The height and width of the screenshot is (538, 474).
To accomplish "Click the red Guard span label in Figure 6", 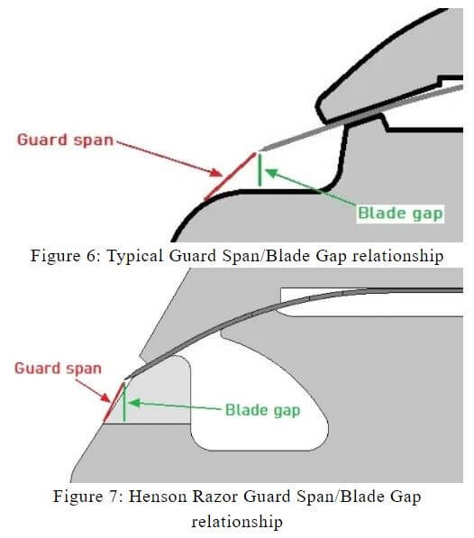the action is (x=65, y=141).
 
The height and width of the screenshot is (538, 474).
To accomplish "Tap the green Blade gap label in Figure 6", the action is (x=401, y=213).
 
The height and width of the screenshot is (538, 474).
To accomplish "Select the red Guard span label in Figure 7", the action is (x=58, y=369).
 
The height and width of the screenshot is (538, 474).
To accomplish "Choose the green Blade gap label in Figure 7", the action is (x=263, y=410).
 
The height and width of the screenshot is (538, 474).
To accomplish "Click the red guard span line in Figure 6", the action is (x=230, y=177).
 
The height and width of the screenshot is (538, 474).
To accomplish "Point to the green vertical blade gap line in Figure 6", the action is (x=260, y=170).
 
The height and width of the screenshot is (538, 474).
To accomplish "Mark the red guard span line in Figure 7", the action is (x=114, y=403).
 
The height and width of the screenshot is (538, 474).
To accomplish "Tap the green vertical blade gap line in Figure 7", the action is (x=124, y=402).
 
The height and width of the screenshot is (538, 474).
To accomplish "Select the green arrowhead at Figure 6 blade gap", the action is (x=271, y=172).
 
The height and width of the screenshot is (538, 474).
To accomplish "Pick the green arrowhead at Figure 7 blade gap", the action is (x=134, y=403).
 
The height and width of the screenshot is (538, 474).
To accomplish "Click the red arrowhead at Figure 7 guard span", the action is (x=105, y=397).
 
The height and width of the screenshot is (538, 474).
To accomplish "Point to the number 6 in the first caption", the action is (x=93, y=256).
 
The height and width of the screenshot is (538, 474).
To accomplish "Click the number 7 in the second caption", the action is (x=115, y=497).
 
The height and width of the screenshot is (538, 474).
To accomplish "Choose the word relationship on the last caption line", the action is (x=237, y=522).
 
